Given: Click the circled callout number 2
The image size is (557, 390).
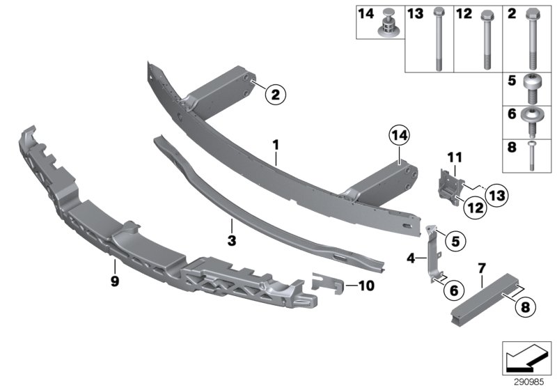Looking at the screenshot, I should (275, 95).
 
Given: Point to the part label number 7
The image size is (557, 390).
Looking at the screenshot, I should (480, 267).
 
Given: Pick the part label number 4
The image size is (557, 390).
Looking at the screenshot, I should (410, 259).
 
